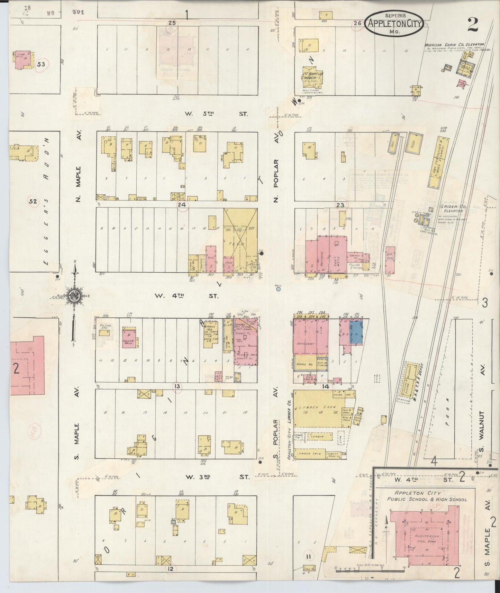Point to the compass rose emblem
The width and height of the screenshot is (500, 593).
click(x=74, y=296)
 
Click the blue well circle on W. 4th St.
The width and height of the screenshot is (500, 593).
click(x=278, y=289)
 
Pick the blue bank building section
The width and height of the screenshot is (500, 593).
click(x=356, y=331)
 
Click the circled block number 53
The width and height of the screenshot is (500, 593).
click(x=41, y=64)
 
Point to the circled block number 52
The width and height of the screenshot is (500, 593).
click(x=33, y=201)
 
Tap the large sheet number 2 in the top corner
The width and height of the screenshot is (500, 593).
click(x=472, y=24)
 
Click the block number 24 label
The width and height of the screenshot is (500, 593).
click(x=182, y=205)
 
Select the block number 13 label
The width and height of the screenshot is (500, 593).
click(x=177, y=386)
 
